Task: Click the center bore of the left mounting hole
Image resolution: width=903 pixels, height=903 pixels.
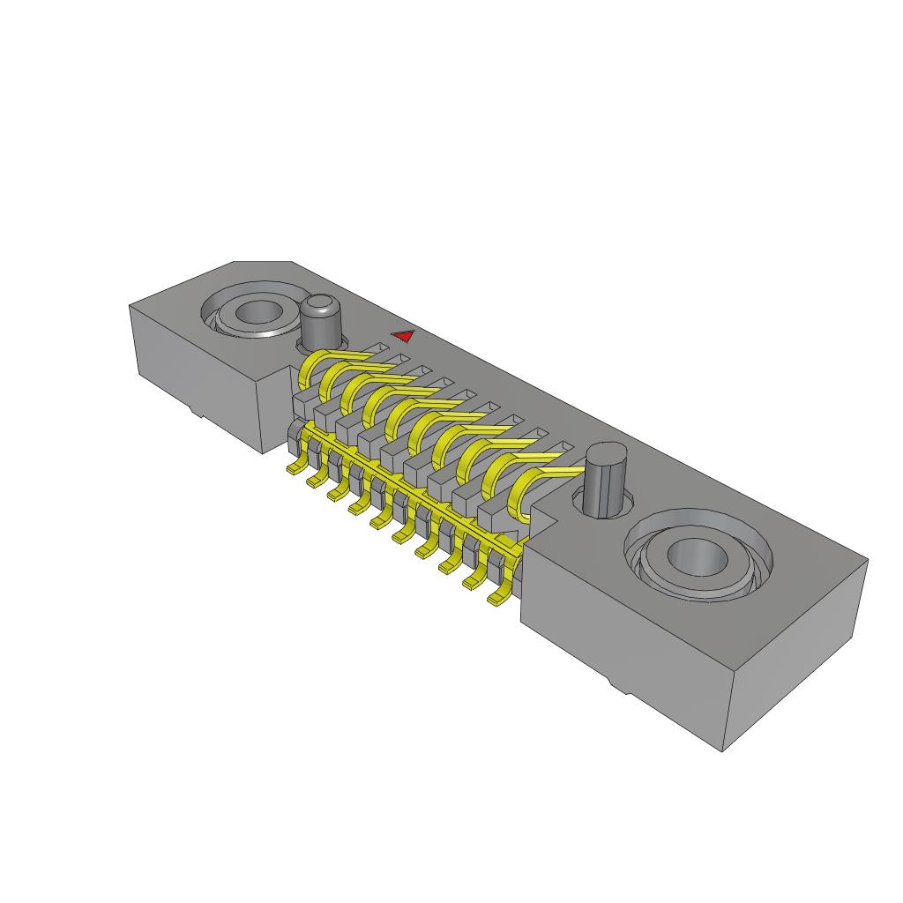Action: (x=257, y=312)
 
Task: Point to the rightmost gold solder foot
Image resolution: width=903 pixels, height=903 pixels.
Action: (x=499, y=601)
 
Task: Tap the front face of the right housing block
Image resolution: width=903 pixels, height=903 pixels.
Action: (x=617, y=644)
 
